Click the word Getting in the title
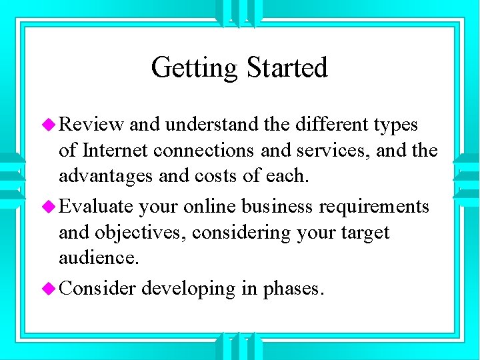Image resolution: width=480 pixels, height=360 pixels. click(x=195, y=68)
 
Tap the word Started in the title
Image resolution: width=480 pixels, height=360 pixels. click(x=287, y=67)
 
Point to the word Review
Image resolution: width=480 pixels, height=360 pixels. click(x=91, y=125)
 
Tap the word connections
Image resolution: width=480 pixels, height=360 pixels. click(x=203, y=151)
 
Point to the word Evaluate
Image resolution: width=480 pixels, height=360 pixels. click(x=97, y=207)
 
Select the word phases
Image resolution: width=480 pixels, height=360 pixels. click(x=294, y=289)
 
